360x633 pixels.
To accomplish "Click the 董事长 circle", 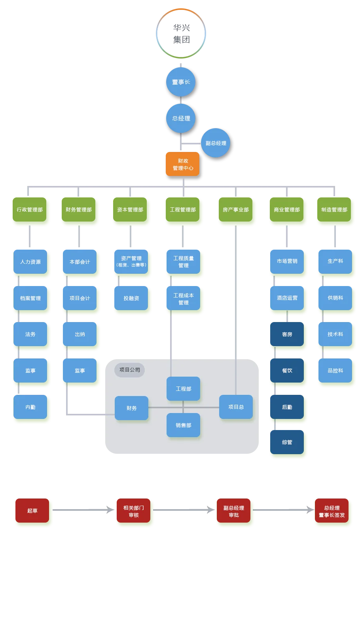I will pos(181,82).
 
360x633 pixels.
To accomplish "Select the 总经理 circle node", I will pos(181,118).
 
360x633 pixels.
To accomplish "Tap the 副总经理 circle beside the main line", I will pos(216,143).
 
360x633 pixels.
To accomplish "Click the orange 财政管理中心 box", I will pos(182,164).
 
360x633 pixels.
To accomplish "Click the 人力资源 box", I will pos(30,262).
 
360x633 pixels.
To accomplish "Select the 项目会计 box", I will pos(80,298).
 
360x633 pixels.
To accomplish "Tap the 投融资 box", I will pos(131,298).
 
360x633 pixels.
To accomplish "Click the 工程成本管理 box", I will pos(184,299).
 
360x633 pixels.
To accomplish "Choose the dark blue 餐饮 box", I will pos(287,371).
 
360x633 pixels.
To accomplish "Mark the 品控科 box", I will pos(335,371).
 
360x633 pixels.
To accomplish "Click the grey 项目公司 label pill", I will pos(130,370).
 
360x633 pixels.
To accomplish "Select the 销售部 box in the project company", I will pos(184,425).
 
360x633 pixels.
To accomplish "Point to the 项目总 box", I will pos(236,407).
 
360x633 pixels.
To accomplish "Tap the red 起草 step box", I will pos(32,511).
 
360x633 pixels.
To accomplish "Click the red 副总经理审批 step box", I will pos(234,511).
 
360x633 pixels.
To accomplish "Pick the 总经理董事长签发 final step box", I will pos(332,511).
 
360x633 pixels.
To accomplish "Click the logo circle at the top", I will pos(181,34).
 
